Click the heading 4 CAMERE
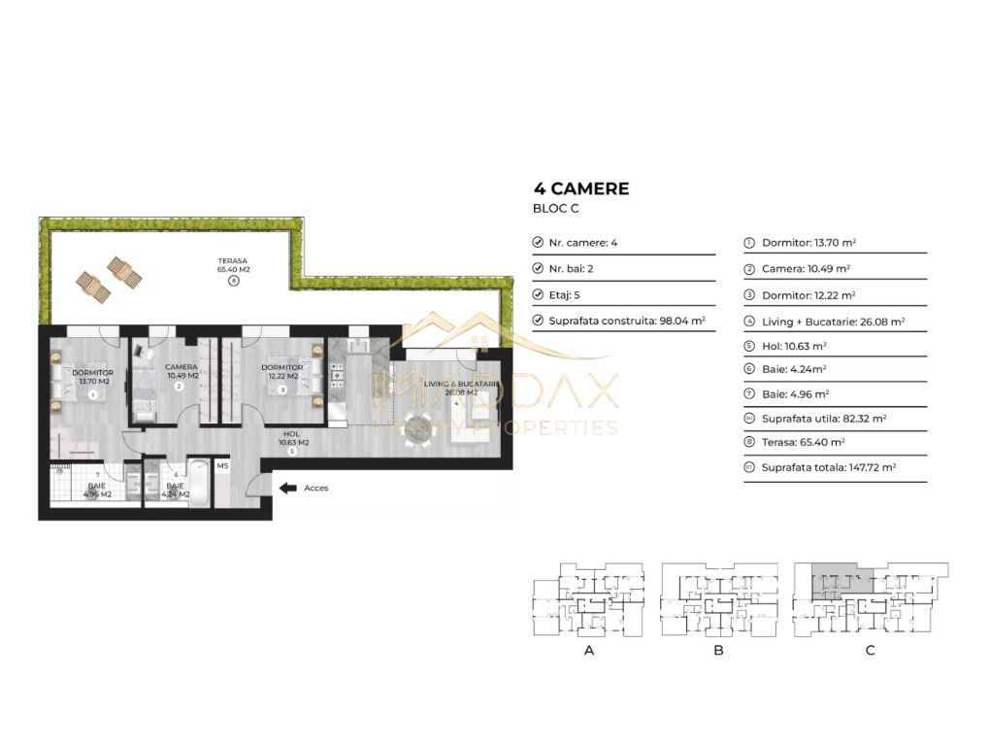tap(581, 188)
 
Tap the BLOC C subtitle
tap(556, 209)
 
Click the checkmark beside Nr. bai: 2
tap(539, 268)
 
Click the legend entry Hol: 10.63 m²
tap(794, 345)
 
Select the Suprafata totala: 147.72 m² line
tap(829, 467)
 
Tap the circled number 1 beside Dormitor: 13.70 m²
tap(749, 243)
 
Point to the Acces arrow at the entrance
tap(288, 488)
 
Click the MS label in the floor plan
tap(222, 466)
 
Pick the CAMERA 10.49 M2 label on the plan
tap(181, 371)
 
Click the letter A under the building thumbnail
tap(588, 651)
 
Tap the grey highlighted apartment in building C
tap(836, 582)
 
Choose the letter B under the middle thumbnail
tap(718, 651)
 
